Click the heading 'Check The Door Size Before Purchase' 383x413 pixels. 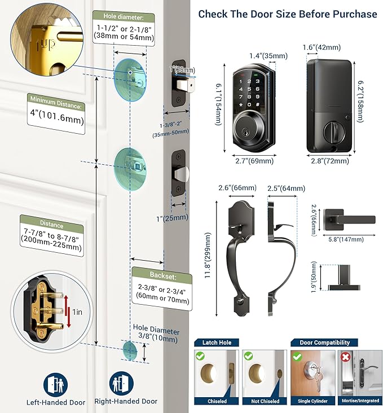[x=288, y=14]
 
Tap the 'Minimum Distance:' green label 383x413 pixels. [x=56, y=104]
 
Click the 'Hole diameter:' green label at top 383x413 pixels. [x=124, y=17]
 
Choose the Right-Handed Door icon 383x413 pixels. [x=121, y=383]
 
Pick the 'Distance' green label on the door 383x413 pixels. [x=51, y=225]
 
